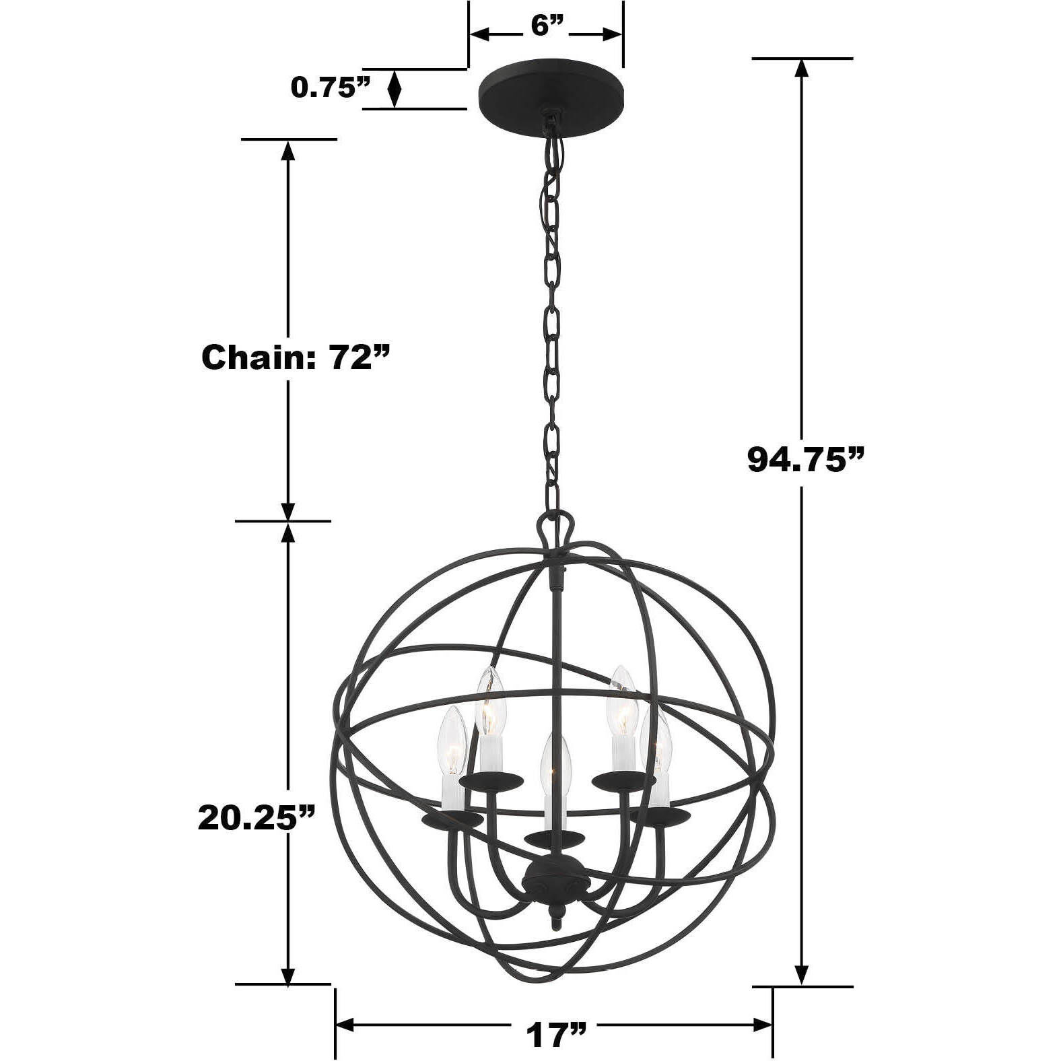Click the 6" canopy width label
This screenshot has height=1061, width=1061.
point(546,27)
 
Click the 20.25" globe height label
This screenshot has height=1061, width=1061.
point(256,817)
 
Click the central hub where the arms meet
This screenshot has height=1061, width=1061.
point(553,875)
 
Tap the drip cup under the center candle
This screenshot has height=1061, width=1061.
point(553,838)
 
